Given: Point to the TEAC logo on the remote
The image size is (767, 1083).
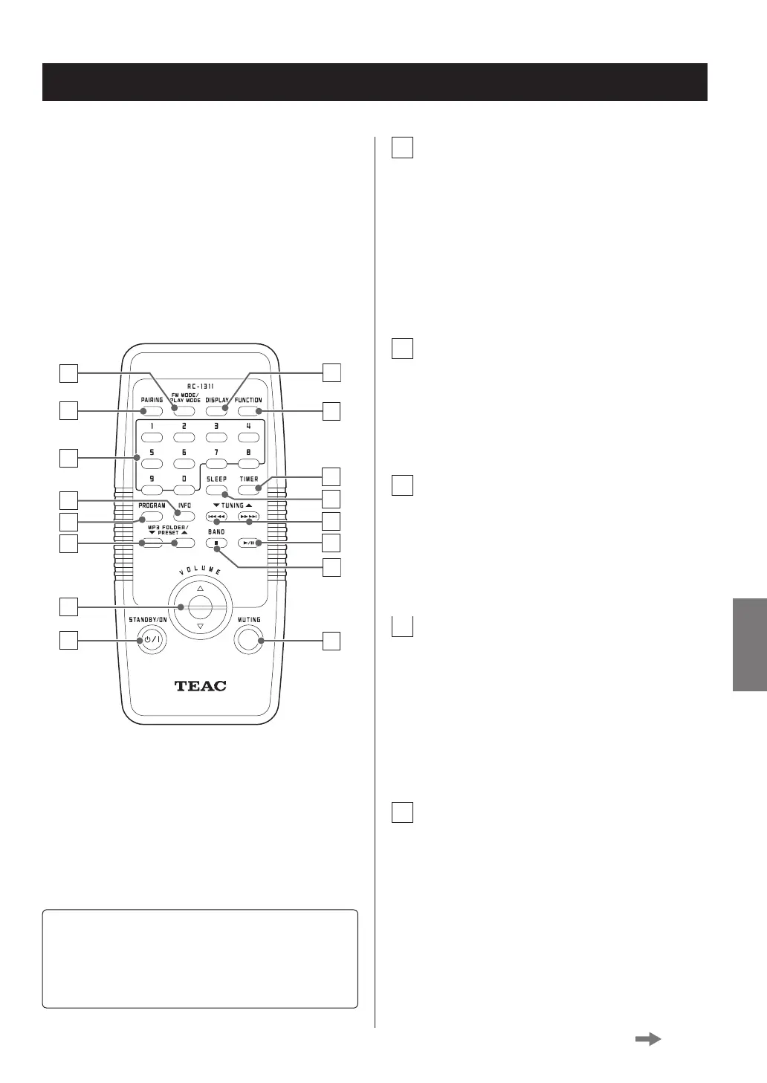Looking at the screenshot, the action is coord(200,685).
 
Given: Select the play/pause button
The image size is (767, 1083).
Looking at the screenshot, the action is coord(248,543).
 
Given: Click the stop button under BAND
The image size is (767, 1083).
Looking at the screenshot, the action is coord(216,543).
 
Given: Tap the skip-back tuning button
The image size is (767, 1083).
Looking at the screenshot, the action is coord(216,517).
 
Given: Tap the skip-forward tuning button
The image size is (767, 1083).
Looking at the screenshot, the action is coord(248,517).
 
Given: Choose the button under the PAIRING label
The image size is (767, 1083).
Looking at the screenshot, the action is coord(152,411).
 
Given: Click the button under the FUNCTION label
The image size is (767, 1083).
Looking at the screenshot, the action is coord(248,411).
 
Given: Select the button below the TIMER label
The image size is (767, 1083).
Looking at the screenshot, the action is coord(248,490).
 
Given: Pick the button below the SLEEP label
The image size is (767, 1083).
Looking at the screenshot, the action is coord(216,490).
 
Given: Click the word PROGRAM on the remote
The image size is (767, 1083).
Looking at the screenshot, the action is coord(152,505).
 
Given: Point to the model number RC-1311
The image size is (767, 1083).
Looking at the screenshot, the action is coord(200,387).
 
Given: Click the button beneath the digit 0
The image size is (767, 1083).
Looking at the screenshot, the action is coord(184,490).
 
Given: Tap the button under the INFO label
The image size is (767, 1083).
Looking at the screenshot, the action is coord(184,516).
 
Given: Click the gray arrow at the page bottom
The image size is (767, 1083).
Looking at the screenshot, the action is coord(648,1040).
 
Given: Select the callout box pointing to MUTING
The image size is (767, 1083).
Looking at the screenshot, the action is coord(331,640).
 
